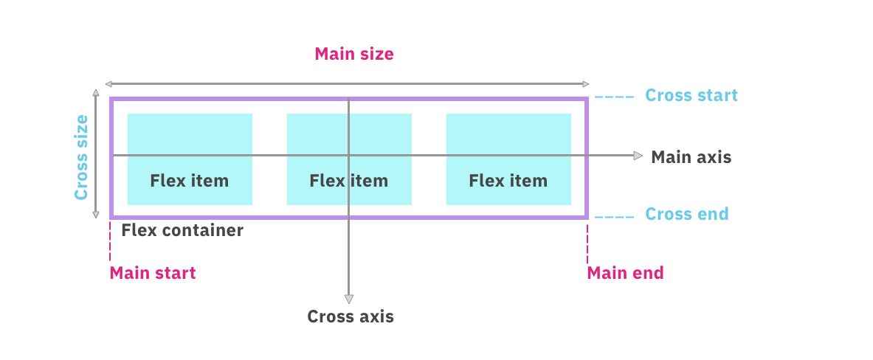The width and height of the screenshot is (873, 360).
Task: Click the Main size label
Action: (353, 54)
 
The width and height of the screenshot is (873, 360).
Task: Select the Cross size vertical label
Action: (81, 156)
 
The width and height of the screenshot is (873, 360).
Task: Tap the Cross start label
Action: (691, 95)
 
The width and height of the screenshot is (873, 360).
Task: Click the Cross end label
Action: (686, 214)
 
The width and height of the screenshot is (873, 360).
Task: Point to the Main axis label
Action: (691, 157)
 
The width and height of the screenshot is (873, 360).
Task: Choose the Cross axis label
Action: (351, 316)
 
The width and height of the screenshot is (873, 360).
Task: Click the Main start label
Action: (153, 273)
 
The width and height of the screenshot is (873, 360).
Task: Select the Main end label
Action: (625, 273)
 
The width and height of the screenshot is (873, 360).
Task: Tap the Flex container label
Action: (182, 230)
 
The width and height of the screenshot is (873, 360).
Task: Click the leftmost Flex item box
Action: (190, 159)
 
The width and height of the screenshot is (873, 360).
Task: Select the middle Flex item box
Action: (349, 159)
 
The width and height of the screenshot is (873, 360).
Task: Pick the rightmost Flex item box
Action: (508, 159)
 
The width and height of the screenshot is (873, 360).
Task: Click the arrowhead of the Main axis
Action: (638, 156)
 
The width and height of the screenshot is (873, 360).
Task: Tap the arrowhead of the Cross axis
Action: (349, 299)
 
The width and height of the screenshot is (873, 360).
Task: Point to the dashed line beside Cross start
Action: (614, 97)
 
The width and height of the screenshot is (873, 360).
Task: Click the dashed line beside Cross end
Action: (614, 217)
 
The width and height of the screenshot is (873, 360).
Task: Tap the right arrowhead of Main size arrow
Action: (587, 84)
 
